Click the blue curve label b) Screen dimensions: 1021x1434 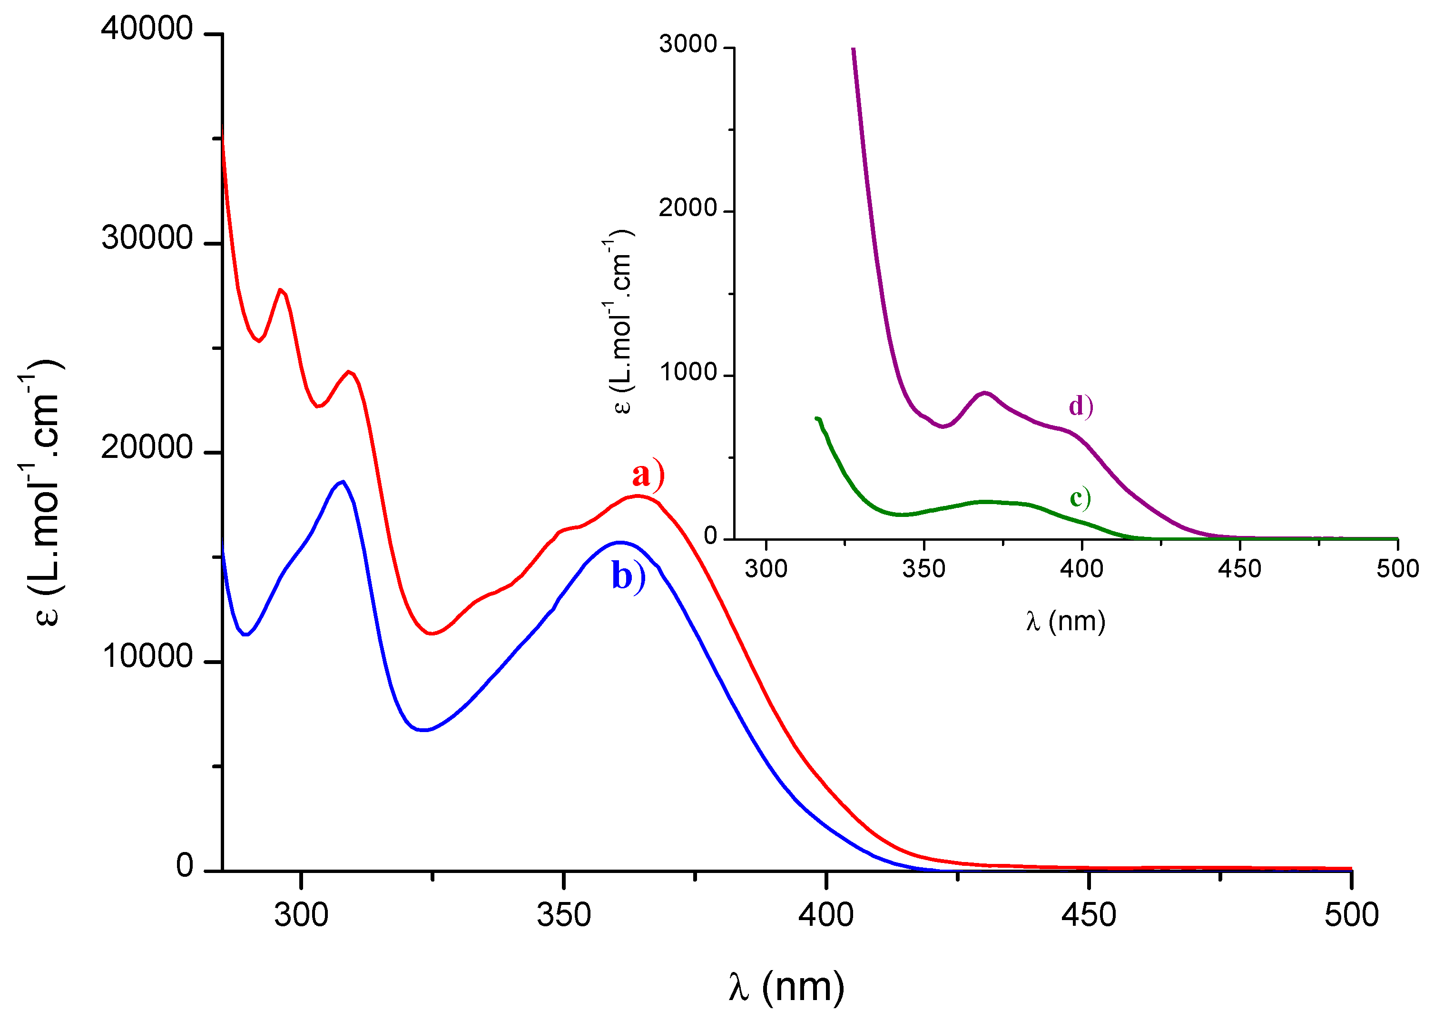tap(628, 576)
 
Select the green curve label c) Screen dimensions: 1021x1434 tap(1080, 498)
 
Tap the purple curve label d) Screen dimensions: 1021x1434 tap(1080, 407)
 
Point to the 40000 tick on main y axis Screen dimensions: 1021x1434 tap(147, 29)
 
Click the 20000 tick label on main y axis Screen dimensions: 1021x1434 tap(147, 447)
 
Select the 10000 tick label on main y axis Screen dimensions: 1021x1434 tap(147, 656)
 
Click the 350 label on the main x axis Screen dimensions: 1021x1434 tap(564, 915)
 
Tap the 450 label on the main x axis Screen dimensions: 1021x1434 tap(1089, 915)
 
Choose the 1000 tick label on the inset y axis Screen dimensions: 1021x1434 tap(688, 372)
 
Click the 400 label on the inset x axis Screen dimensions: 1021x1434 tap(1081, 569)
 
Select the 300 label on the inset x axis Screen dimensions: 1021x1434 tap(766, 569)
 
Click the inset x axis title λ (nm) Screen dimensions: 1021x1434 tap(1066, 621)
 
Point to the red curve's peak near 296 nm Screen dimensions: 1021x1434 tap(280, 290)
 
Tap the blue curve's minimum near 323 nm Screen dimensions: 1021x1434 tap(425, 730)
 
